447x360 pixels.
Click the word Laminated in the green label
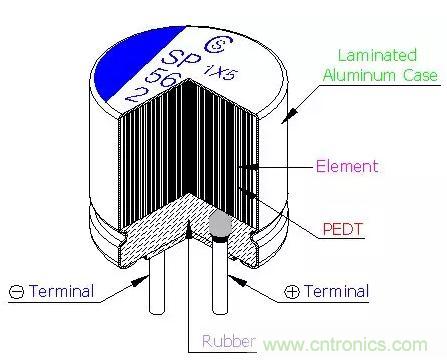378,55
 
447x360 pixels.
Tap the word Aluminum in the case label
360,75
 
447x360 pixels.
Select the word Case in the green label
421,75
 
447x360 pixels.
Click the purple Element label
347,166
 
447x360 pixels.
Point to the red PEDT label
343,229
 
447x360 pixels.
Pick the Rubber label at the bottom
229,341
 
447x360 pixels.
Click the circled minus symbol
16,292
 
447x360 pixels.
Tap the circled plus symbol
292,292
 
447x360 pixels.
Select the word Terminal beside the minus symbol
61,291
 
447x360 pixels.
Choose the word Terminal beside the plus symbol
336,291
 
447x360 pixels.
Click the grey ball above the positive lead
220,224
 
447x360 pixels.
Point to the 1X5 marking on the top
221,73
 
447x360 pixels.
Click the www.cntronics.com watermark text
345,344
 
